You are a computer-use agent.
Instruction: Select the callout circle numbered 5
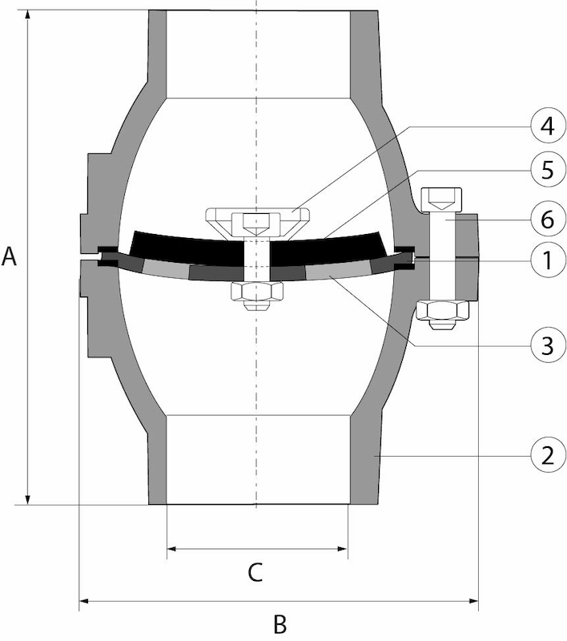click(x=548, y=169)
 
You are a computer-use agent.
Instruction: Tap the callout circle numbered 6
click(x=548, y=219)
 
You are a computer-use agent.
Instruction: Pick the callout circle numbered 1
click(x=548, y=260)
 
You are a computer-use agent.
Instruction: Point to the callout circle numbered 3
click(x=548, y=345)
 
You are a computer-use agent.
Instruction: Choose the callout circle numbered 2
click(x=548, y=454)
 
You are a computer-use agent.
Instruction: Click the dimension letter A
click(x=9, y=256)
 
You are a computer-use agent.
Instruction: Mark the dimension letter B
click(x=279, y=624)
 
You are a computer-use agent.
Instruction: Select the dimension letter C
click(x=255, y=572)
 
